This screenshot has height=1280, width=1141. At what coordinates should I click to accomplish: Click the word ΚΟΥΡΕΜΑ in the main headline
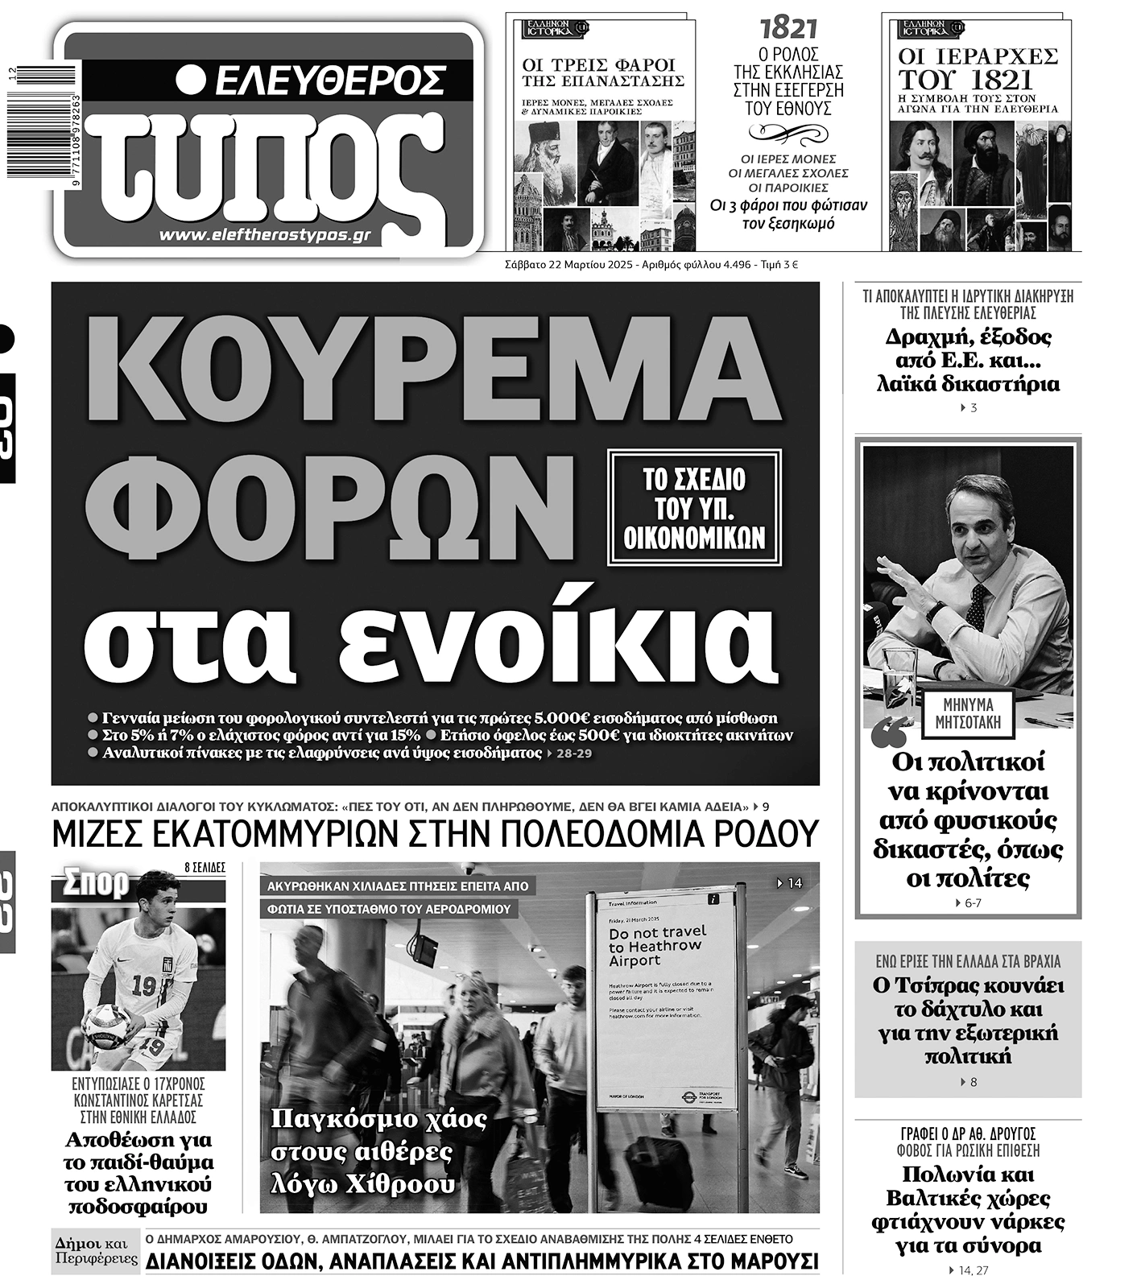point(436,369)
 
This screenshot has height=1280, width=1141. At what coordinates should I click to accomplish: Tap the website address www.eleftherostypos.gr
point(265,235)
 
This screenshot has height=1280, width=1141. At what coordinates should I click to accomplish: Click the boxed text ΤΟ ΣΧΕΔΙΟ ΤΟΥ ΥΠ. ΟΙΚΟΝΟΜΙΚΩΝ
point(694,509)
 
